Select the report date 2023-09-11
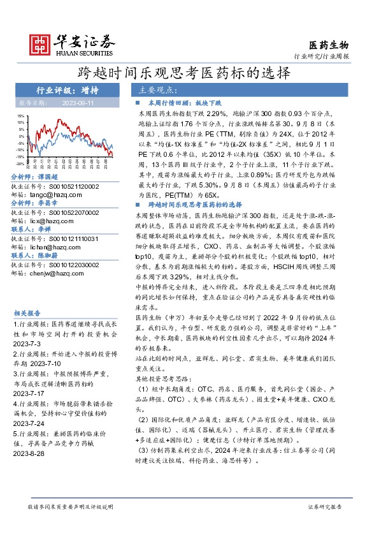tap(78, 102)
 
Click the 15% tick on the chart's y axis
tap(20, 117)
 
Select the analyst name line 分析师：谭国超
tap(34, 176)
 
